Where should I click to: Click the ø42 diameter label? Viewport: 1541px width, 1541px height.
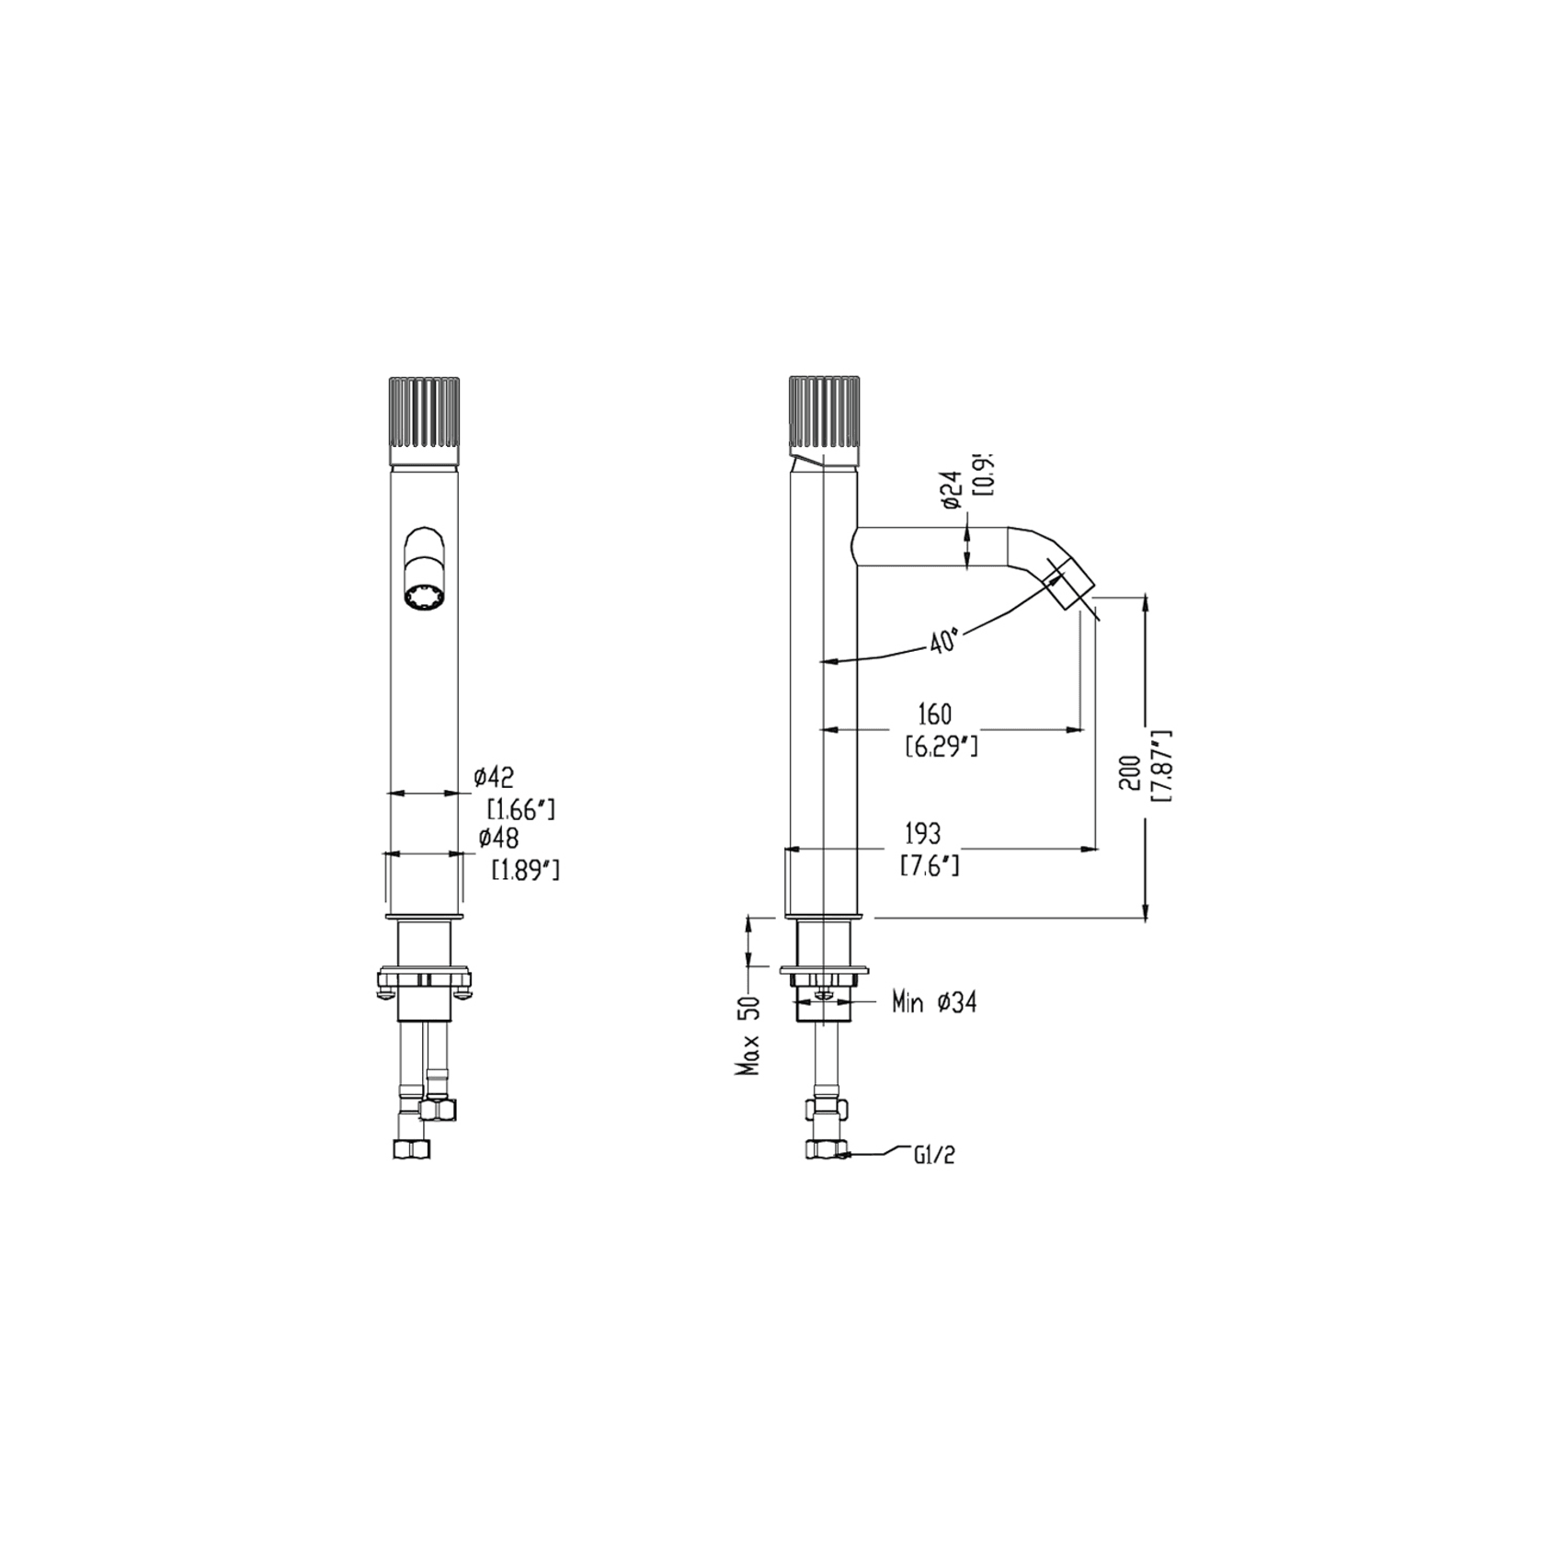494,779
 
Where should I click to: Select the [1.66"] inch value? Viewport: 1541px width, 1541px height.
520,809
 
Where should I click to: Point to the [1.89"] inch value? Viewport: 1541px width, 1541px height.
525,869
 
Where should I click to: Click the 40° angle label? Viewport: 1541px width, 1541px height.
944,641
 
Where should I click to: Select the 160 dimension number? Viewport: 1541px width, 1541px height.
934,713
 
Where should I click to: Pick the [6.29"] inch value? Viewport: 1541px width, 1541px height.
941,746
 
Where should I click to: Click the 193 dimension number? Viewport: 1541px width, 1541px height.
922,833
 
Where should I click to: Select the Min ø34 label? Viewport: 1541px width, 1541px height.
933,1002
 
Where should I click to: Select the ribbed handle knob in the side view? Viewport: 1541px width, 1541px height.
824,414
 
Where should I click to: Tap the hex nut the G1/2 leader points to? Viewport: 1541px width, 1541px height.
826,1149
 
